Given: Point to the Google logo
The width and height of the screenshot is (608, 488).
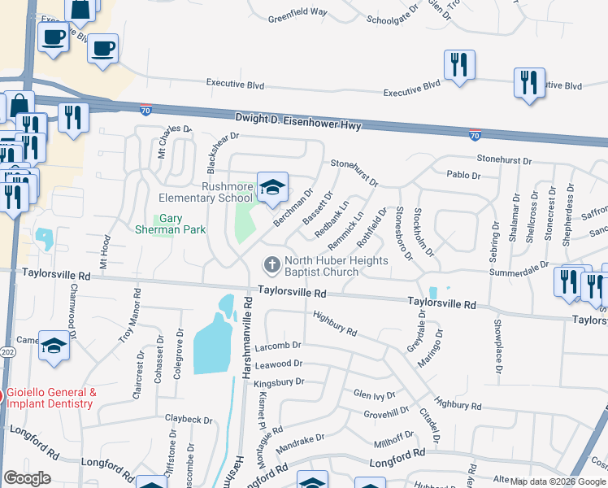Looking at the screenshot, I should pos(27,478).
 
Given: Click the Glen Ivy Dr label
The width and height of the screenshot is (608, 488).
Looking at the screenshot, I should pos(374,394).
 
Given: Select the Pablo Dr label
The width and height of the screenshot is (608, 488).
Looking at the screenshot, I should pos(464,176).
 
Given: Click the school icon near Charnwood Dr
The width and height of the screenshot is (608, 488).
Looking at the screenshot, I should pos(54,348).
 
